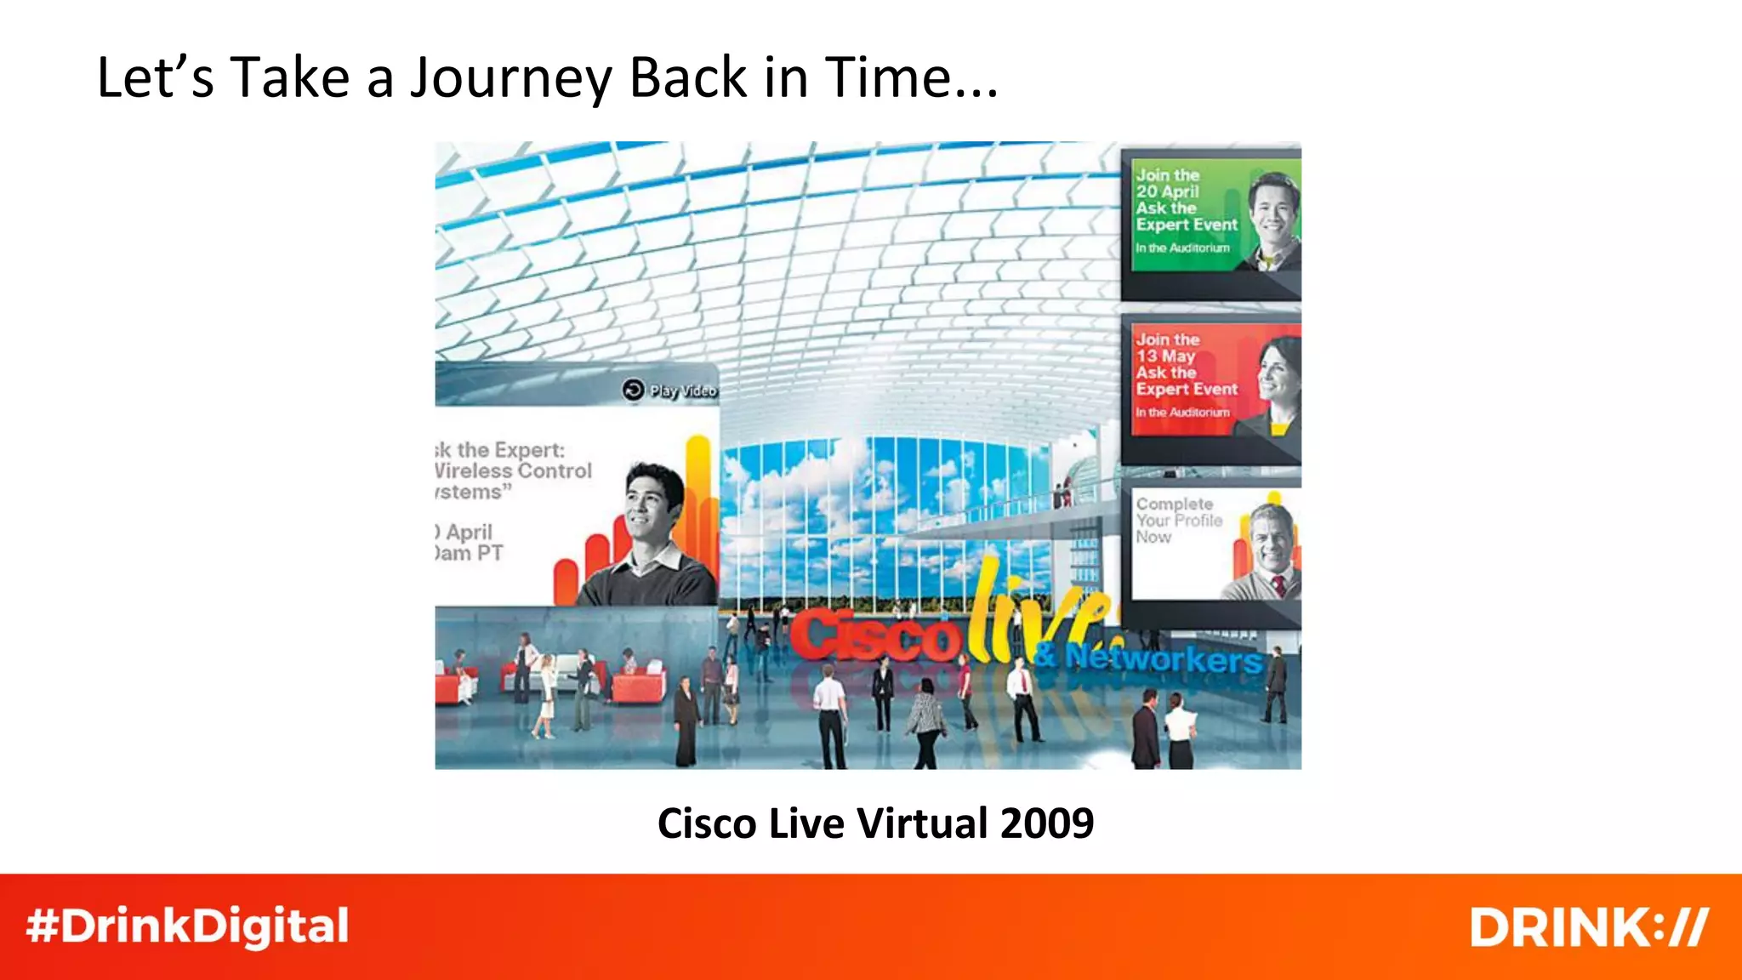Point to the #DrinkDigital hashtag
(187, 926)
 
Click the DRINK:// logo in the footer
(1588, 927)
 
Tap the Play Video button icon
(633, 390)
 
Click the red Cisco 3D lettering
(876, 636)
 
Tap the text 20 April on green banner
(1167, 191)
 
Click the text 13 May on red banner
(1165, 356)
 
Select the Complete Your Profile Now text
(1178, 521)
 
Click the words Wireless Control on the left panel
(513, 471)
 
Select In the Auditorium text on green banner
(1182, 248)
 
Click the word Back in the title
(688, 78)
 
